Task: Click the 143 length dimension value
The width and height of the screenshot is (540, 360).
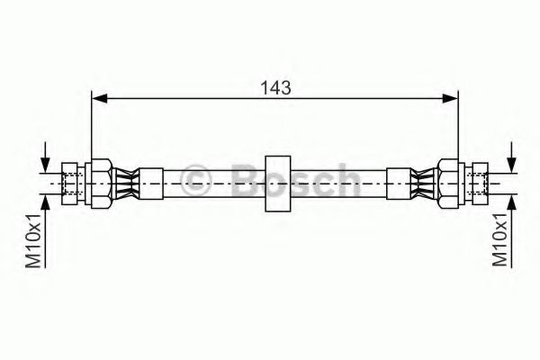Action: [275, 88]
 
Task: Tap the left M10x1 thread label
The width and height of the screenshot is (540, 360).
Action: [33, 240]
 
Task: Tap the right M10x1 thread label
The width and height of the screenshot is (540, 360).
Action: [499, 239]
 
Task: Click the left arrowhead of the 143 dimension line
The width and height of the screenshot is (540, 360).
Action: [100, 98]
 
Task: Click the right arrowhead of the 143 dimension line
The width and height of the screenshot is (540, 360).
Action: [450, 98]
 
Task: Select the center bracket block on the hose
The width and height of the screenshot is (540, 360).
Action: [277, 184]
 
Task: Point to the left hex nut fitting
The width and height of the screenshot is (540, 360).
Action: [100, 184]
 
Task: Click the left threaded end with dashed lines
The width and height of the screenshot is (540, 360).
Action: [73, 184]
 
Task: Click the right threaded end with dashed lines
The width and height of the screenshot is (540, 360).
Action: [477, 184]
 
